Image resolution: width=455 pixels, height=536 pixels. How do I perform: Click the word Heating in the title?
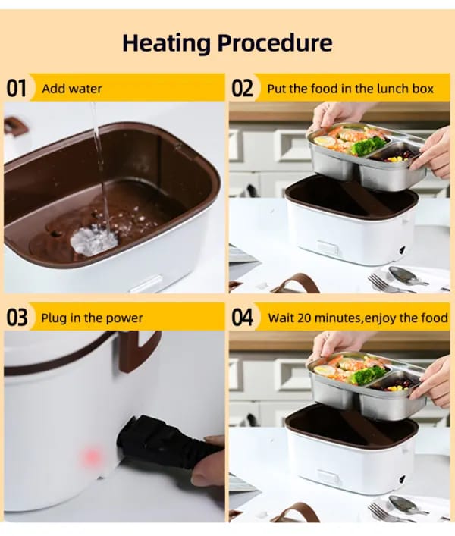tap(167, 43)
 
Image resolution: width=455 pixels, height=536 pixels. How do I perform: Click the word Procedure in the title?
tap(275, 42)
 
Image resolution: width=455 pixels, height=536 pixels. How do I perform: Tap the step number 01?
tap(16, 88)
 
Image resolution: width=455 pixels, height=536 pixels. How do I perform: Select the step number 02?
tap(242, 88)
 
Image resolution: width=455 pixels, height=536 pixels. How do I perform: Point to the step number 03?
tap(17, 317)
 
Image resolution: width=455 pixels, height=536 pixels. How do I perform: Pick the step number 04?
tap(243, 317)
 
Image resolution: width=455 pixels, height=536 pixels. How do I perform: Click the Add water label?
tap(72, 89)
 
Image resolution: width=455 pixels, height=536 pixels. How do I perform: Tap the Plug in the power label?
tap(92, 318)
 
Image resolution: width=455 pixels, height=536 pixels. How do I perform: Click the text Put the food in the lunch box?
tap(350, 89)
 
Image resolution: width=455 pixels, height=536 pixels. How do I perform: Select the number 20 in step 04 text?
tap(304, 318)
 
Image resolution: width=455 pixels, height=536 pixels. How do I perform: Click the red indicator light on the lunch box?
tap(91, 456)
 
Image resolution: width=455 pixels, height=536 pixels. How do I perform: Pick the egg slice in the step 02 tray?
tap(323, 141)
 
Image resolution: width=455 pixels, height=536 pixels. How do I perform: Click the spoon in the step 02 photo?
tap(406, 274)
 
